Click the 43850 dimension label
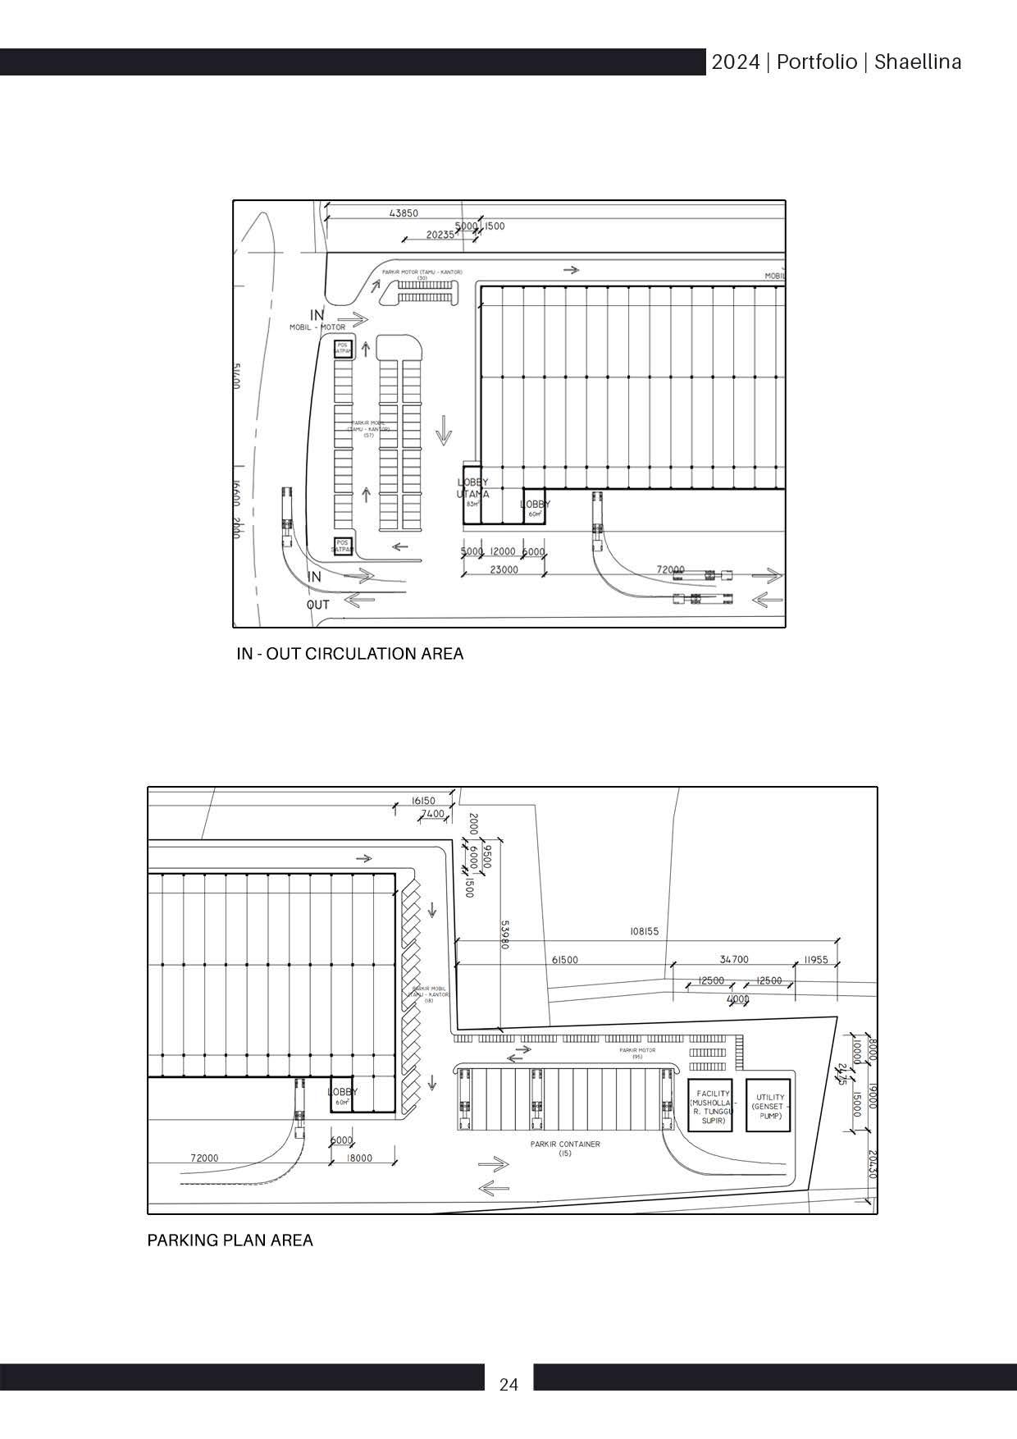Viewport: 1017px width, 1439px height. point(404,213)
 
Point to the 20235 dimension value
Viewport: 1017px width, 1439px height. point(440,235)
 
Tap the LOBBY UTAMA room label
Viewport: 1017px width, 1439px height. point(473,489)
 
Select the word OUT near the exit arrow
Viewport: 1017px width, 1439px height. point(318,605)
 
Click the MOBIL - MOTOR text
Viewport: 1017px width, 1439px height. point(317,327)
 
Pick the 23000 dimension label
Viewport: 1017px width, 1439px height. point(504,569)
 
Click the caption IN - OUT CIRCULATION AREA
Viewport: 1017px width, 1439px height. point(349,654)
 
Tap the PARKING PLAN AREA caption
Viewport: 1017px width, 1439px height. point(230,1240)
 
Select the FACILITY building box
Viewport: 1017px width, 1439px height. point(709,1106)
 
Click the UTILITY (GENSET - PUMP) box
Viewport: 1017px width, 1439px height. point(768,1106)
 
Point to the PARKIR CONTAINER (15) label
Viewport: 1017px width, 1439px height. point(565,1148)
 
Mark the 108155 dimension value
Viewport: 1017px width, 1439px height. point(644,932)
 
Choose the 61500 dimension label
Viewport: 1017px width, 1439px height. point(565,960)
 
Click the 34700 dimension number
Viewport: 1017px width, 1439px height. point(734,959)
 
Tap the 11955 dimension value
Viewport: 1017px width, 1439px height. point(816,959)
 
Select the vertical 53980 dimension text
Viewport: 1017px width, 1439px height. point(505,934)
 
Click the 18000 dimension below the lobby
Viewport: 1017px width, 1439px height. point(359,1158)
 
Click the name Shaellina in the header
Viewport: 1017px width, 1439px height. point(918,62)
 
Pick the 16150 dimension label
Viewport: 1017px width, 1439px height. point(423,801)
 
